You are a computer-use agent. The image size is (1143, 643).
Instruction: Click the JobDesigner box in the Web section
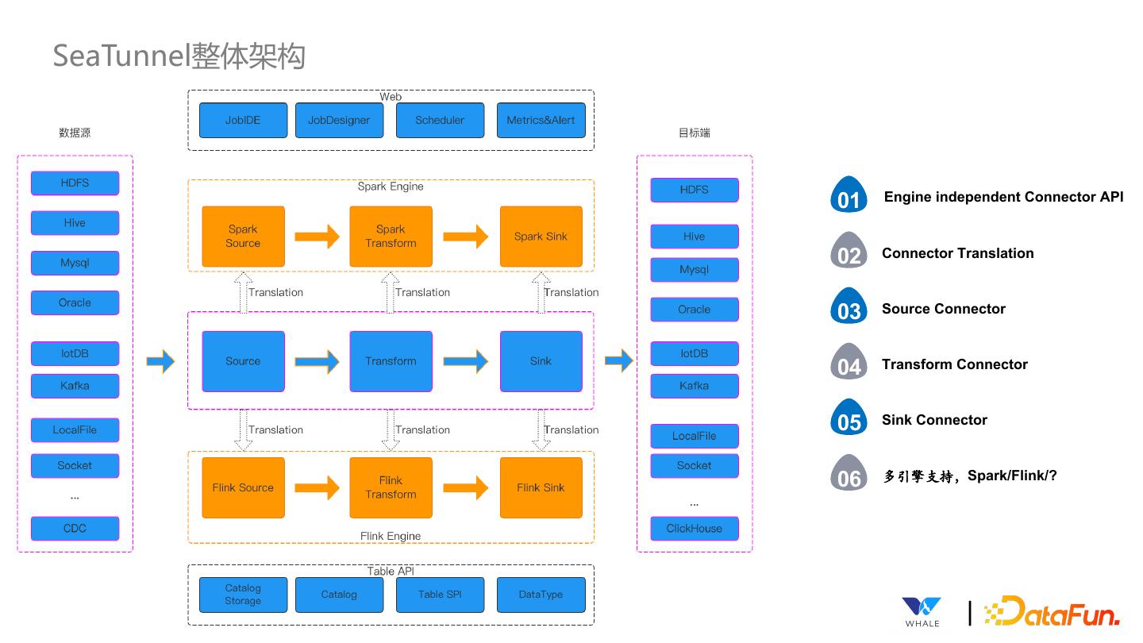coord(339,121)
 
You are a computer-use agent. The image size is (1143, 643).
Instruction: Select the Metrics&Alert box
coord(541,121)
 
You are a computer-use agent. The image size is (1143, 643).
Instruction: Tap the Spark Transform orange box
coord(391,237)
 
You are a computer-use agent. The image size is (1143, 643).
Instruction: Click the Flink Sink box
coord(541,487)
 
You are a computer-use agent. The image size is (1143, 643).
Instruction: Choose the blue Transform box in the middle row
coord(391,361)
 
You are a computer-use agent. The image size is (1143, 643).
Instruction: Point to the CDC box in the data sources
coord(75,529)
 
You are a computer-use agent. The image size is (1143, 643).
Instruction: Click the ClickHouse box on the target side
coord(694,529)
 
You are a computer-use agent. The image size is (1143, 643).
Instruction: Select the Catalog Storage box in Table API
coord(242,595)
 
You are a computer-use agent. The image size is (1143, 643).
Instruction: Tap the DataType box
coord(541,595)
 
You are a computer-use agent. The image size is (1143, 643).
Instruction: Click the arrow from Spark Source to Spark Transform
coord(317,237)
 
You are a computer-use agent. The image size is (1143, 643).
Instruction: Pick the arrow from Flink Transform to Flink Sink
coord(465,487)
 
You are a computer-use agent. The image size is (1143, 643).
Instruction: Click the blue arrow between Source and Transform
coord(317,361)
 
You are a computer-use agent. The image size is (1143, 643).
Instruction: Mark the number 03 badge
coord(849,307)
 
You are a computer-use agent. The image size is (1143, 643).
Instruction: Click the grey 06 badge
coord(849,474)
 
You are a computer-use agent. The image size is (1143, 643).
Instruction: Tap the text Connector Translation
coord(957,253)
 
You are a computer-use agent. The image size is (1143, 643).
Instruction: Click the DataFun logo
coord(1052,612)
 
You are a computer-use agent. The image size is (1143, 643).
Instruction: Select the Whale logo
coord(922,612)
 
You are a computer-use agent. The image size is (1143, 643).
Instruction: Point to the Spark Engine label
coord(391,187)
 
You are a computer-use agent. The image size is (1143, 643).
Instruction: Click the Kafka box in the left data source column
coord(75,386)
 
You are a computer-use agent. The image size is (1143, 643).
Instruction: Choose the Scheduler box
coord(440,121)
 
